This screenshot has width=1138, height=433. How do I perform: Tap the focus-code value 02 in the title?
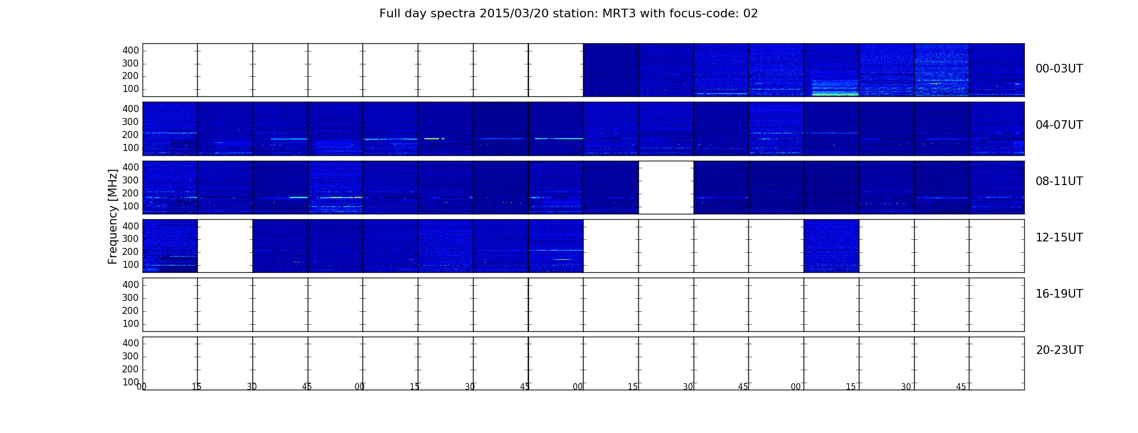[x=751, y=14]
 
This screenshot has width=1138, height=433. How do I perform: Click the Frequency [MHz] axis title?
[x=113, y=216]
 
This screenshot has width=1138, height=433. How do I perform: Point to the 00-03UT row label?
[x=1059, y=69]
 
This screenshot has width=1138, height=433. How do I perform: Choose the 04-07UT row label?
[x=1059, y=125]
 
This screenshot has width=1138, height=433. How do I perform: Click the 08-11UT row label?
[x=1059, y=181]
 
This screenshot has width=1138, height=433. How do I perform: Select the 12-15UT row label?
[x=1059, y=238]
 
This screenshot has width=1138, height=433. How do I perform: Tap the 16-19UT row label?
[x=1059, y=294]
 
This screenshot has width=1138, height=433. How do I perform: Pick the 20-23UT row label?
[x=1059, y=350]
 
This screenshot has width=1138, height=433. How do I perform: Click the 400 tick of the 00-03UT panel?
[x=131, y=50]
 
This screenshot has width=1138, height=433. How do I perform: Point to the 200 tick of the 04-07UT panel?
[x=131, y=135]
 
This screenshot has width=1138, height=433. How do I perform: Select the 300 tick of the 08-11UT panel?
[x=131, y=180]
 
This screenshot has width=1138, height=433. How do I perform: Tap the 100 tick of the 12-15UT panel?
[x=131, y=265]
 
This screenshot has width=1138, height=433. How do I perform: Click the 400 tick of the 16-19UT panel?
[x=131, y=285]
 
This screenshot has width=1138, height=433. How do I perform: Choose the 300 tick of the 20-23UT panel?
[x=131, y=356]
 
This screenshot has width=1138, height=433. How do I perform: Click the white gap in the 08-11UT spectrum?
[x=666, y=187]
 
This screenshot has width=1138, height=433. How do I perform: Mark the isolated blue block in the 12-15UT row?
[x=831, y=246]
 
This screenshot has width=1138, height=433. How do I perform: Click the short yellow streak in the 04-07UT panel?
[x=432, y=139]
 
